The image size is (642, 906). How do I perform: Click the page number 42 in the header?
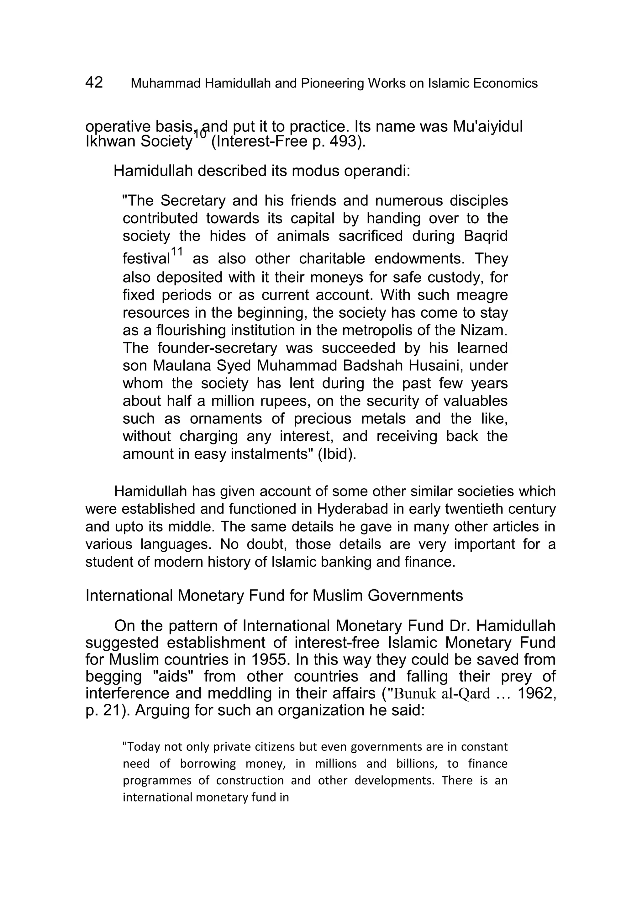coord(94,82)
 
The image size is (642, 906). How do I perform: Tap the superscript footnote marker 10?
coord(200,134)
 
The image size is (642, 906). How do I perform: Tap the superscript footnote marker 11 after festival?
coord(177,252)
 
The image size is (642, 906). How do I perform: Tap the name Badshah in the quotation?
coord(369,365)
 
